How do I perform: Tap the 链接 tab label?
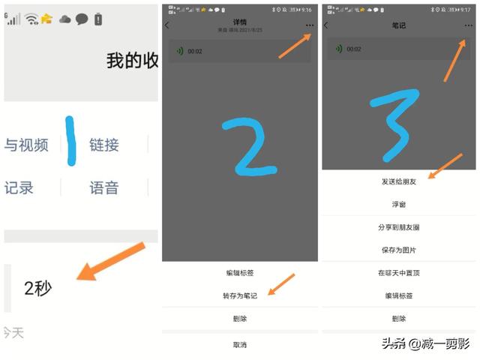tap(104, 145)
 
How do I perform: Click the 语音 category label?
tap(104, 187)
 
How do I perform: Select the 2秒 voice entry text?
tap(37, 288)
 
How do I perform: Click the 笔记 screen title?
tap(399, 25)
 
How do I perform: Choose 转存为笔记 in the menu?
tap(241, 296)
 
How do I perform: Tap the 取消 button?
tap(241, 345)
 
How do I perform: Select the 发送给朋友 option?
tap(399, 182)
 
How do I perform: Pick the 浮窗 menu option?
tap(399, 204)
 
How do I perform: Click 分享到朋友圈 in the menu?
tap(399, 227)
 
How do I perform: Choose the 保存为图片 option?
tap(399, 250)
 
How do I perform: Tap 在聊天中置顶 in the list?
tap(399, 273)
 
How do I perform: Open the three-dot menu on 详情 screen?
tap(310, 25)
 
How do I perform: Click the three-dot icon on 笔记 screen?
tap(469, 25)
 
